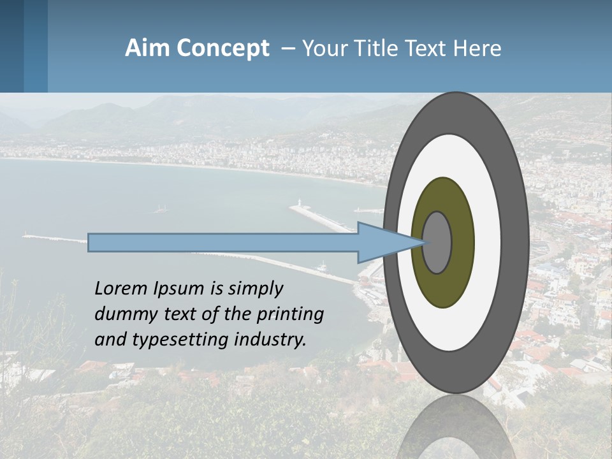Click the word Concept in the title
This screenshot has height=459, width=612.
[x=222, y=48]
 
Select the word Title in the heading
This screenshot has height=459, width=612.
[x=379, y=48]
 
